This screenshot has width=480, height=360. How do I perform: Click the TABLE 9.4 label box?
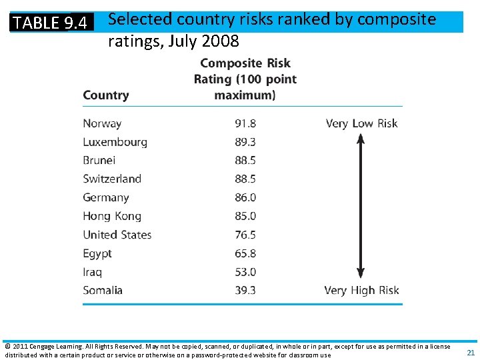tap(51, 23)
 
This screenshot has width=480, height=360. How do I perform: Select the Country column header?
tap(105, 95)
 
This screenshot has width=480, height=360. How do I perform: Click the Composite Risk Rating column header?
tap(245, 79)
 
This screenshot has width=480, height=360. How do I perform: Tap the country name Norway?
tap(102, 123)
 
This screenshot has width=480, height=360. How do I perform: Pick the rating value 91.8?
tap(245, 123)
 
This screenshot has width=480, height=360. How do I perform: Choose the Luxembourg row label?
tap(115, 142)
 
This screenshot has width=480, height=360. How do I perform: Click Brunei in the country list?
tap(99, 161)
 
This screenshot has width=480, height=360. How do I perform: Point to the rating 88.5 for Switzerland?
tap(245, 179)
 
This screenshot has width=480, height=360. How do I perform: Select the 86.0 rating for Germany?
tap(245, 198)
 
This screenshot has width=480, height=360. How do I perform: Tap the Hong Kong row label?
tap(112, 216)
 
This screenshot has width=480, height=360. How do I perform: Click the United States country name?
tap(117, 235)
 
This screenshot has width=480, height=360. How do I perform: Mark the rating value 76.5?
tap(245, 235)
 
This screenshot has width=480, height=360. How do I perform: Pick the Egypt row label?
tap(97, 253)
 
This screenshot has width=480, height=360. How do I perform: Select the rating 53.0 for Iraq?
tap(245, 272)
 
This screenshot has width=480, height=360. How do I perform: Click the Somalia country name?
tap(103, 291)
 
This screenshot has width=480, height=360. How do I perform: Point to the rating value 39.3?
tap(245, 291)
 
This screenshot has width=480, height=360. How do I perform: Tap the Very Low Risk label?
tap(361, 123)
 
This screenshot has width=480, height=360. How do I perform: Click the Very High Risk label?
tap(361, 291)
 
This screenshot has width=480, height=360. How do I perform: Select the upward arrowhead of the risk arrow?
tap(361, 139)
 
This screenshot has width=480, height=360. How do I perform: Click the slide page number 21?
tap(471, 353)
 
